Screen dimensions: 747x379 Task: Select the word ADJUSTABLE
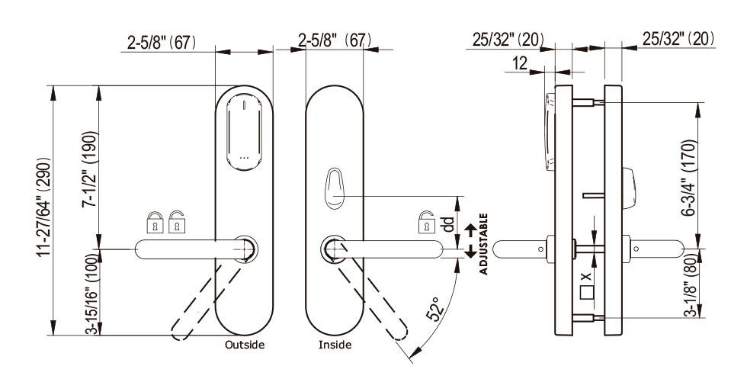(483, 244)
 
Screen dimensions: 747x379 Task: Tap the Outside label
(245, 344)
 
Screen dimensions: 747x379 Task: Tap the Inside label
(335, 344)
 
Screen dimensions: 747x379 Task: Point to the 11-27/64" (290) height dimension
(44, 207)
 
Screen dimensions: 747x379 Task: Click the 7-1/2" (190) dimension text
(90, 169)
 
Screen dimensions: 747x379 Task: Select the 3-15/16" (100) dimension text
(92, 293)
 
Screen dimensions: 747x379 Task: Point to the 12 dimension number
(520, 63)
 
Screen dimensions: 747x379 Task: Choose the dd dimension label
(448, 224)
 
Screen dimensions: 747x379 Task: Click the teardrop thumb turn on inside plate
(335, 188)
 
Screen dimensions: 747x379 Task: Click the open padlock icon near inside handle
(426, 222)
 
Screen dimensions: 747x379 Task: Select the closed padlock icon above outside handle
(155, 222)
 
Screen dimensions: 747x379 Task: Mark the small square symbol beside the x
(587, 292)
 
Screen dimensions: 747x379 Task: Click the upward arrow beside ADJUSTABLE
(471, 231)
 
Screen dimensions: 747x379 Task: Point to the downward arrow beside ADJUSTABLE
(471, 251)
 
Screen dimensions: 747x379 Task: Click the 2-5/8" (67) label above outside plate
(162, 43)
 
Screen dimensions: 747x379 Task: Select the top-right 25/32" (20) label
(679, 39)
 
